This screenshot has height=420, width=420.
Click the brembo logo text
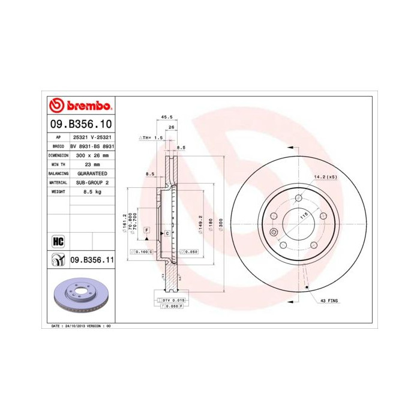[88, 106]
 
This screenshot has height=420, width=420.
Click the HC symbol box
[58, 241]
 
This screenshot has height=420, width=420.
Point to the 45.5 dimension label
[167, 117]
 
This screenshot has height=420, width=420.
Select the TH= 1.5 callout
[151, 138]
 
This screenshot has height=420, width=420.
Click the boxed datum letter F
[146, 230]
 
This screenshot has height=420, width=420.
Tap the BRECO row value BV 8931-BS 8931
[92, 146]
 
